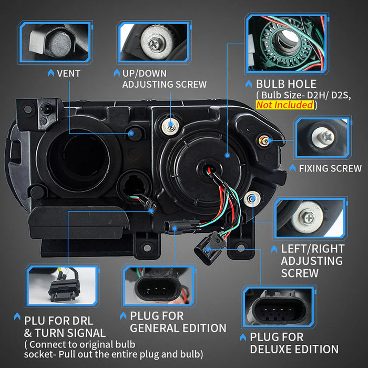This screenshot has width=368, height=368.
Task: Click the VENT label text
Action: [x=68, y=73]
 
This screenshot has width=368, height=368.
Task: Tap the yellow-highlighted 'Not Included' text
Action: [x=285, y=105]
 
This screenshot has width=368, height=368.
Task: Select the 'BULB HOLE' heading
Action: [x=286, y=84]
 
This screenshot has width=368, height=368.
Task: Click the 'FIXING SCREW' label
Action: [x=330, y=169]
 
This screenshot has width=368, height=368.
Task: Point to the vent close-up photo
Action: [x=55, y=42]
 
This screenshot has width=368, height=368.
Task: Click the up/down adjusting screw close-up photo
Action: [x=154, y=42]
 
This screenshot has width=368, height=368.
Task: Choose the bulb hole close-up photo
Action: [x=287, y=44]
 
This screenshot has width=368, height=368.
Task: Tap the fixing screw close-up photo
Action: [x=323, y=137]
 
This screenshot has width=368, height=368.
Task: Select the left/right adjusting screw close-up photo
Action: [x=310, y=218]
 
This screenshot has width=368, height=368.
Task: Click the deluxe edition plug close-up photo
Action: [x=279, y=306]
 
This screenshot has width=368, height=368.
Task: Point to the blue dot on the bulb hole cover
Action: [x=227, y=155]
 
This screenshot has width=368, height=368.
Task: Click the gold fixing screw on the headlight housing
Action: [x=264, y=140]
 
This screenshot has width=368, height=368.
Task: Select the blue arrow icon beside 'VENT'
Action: [x=50, y=73]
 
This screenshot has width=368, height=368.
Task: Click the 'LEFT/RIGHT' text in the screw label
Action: [x=313, y=249]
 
